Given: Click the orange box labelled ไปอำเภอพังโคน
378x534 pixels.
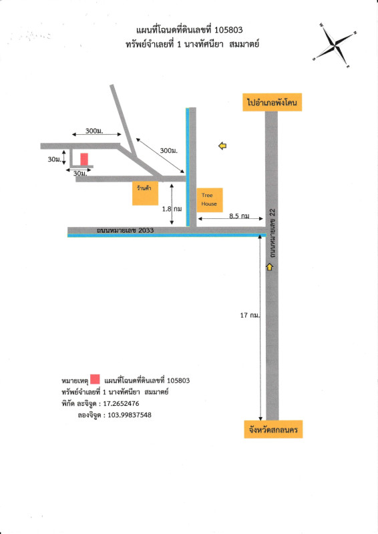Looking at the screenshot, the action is (x=272, y=102).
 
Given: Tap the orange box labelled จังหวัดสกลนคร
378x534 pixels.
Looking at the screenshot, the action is (x=273, y=429).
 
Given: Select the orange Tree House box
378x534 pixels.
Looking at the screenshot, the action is (x=210, y=200).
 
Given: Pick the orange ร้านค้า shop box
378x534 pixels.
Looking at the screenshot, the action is (x=145, y=193).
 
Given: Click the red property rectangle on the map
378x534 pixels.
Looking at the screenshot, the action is (x=84, y=160).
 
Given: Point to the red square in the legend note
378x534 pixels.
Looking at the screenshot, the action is (x=95, y=379).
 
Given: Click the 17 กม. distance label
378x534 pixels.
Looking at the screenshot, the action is (x=250, y=315).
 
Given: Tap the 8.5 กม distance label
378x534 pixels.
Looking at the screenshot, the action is (x=239, y=216).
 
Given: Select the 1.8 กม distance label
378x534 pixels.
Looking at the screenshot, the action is (x=172, y=209).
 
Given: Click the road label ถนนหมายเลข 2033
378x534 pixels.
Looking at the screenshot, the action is (x=125, y=230).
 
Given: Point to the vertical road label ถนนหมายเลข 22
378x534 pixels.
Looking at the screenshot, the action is (x=272, y=233).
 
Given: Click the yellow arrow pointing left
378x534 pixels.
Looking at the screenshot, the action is (x=222, y=146).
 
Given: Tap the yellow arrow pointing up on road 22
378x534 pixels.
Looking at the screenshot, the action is (x=269, y=267).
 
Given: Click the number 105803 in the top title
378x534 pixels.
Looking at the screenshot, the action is (x=228, y=30).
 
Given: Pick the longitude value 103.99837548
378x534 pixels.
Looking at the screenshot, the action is (x=130, y=415).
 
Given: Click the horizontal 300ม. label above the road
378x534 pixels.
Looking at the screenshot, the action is (x=94, y=131).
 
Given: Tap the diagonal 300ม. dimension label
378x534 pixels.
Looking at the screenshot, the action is (x=169, y=150).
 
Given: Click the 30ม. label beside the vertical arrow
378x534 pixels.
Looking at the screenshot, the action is (x=55, y=159).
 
